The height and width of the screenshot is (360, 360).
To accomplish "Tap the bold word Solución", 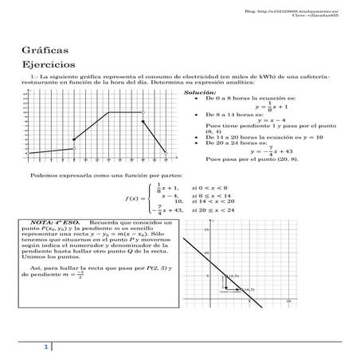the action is (x=198, y=92).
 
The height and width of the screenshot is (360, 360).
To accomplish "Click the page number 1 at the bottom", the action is (x=47, y=347).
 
